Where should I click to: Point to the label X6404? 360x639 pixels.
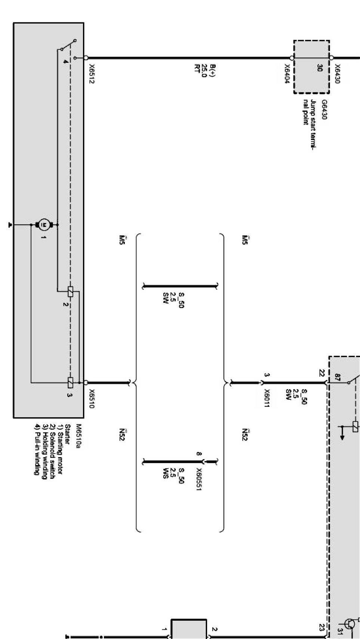tap(287, 74)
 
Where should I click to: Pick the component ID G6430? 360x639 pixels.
tap(324, 110)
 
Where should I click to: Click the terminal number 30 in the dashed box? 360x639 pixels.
tap(320, 68)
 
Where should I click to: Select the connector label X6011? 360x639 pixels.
tap(267, 398)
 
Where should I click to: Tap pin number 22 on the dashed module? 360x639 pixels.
tap(322, 373)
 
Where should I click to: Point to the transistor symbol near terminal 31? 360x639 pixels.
tap(350, 624)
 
